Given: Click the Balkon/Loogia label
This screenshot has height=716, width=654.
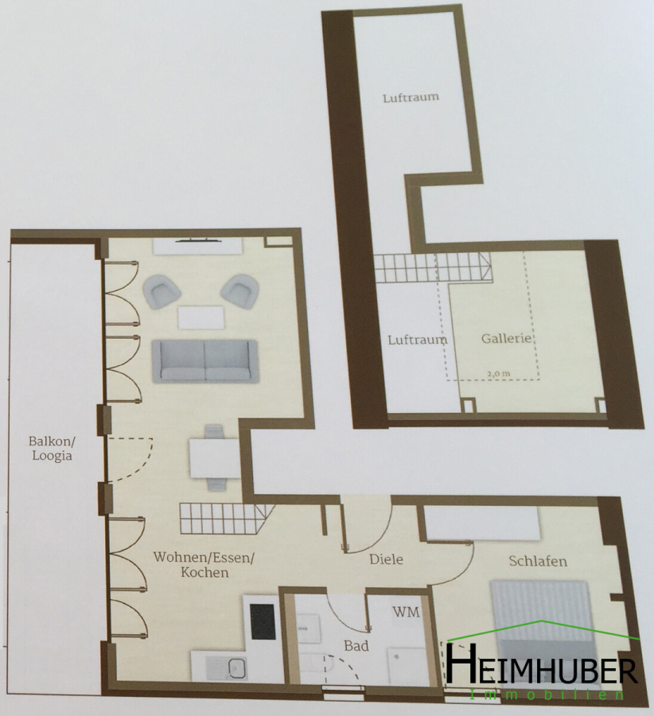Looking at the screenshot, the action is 52,449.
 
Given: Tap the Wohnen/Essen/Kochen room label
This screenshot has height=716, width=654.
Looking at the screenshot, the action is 204,564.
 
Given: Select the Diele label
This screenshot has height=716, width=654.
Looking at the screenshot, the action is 386,559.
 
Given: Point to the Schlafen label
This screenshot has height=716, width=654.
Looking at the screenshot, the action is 538,561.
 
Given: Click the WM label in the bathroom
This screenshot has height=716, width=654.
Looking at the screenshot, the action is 406,612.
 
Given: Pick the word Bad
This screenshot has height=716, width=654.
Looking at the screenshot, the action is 356,646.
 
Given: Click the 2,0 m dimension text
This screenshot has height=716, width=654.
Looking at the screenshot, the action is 499,374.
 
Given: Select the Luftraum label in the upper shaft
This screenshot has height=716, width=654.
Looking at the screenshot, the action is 411,97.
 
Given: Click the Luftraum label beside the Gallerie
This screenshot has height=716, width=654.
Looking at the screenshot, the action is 418,340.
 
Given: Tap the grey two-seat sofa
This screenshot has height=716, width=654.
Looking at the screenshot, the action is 205,360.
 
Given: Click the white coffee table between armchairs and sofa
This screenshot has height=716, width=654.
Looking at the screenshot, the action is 201,317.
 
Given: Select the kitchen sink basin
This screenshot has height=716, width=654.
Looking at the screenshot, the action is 236,668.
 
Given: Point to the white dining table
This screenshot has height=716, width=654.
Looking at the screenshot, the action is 214,458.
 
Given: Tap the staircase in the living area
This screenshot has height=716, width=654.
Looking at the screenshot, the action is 227,518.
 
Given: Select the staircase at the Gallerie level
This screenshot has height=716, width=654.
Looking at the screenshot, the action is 433,267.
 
